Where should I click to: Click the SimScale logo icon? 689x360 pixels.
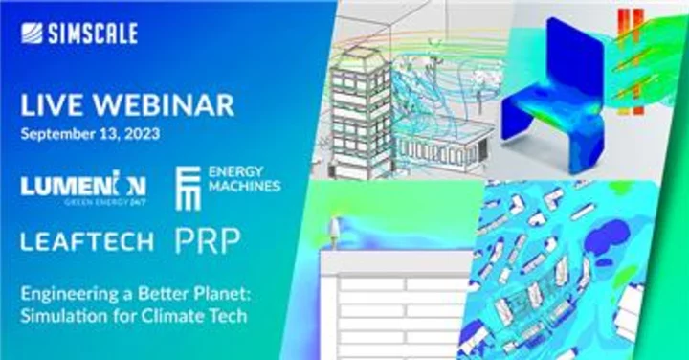click(32, 34)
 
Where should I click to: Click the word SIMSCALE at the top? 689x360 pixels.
click(93, 34)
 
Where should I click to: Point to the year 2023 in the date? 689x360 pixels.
click(141, 134)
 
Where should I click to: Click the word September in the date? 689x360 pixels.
click(58, 134)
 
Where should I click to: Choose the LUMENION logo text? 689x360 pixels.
click(83, 183)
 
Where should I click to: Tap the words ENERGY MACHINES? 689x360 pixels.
click(244, 179)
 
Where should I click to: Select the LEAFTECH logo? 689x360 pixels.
click(87, 241)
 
